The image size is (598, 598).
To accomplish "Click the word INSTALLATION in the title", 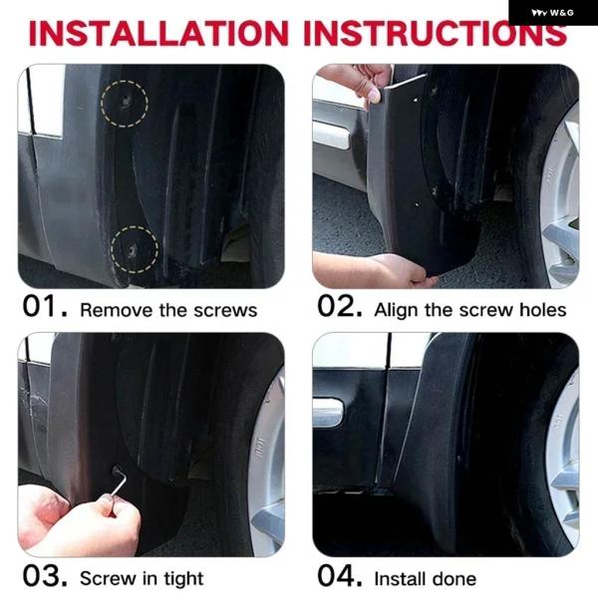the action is pyautogui.click(x=158, y=33).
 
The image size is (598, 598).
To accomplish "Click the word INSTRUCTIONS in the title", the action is pyautogui.click(x=436, y=33).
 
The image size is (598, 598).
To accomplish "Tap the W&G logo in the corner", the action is pyautogui.click(x=552, y=13).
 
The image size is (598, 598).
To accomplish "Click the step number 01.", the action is pyautogui.click(x=45, y=306).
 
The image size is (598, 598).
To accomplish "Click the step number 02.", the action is pyautogui.click(x=340, y=306).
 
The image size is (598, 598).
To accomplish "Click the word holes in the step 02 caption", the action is pyautogui.click(x=543, y=310).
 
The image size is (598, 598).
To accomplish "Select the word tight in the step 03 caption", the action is pyautogui.click(x=183, y=579).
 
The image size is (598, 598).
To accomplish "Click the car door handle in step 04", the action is pyautogui.click(x=327, y=412).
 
